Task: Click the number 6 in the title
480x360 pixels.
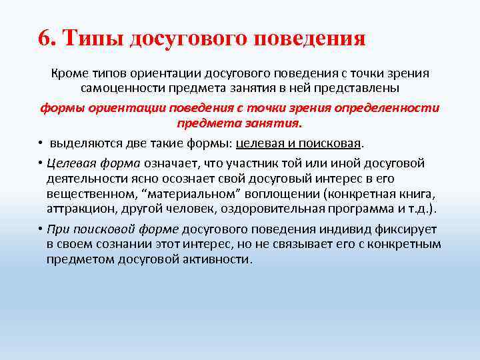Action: (x=45, y=37)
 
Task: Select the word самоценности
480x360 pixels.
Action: (x=119, y=89)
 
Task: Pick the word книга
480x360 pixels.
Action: (x=417, y=195)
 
